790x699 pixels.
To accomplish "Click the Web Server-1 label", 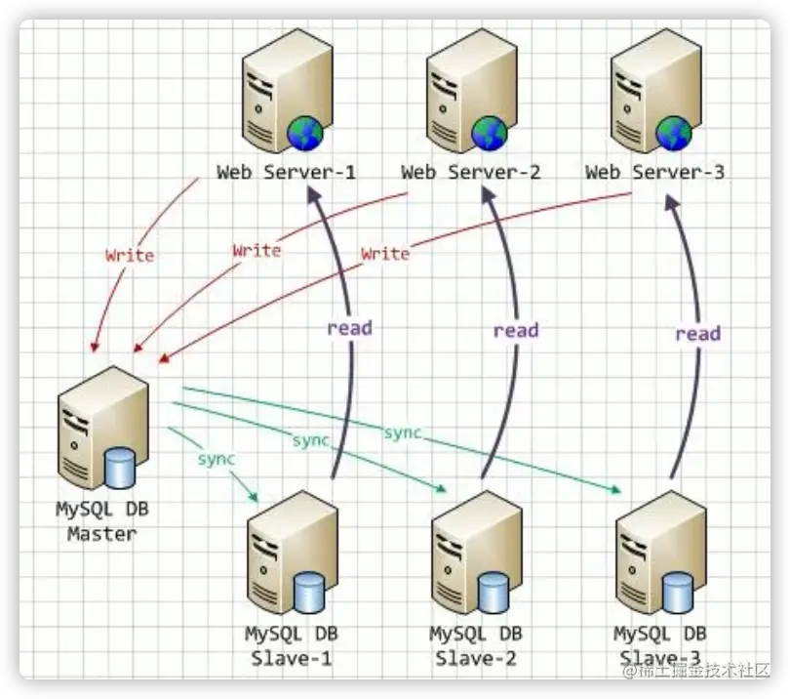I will tap(286, 173).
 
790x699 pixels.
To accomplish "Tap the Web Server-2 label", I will tap(470, 173).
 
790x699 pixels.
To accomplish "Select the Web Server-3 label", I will tap(654, 173).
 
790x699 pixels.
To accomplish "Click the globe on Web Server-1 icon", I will tap(305, 132).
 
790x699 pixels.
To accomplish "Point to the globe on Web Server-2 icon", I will tap(490, 132).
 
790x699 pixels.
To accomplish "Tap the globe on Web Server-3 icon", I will tap(673, 132).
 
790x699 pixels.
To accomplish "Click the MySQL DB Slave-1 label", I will tap(291, 644).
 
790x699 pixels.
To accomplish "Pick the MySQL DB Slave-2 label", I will tap(476, 644).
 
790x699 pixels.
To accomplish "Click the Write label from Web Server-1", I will tap(130, 256).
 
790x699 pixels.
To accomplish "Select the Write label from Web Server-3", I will tap(385, 254).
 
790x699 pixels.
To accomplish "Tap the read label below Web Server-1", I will tap(349, 328).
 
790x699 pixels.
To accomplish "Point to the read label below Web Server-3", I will tap(697, 334).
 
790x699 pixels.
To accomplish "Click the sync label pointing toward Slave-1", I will tap(217, 458).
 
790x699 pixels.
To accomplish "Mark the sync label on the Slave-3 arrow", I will tap(402, 432).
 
